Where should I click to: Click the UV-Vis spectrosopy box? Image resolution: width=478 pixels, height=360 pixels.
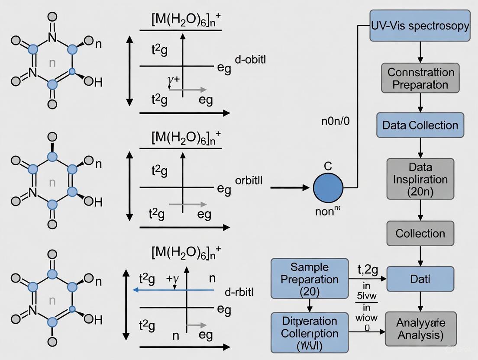coord(420,26)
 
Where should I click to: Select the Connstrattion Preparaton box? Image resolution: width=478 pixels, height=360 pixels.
coord(420,78)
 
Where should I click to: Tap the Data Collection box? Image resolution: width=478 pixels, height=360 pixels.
coord(420,125)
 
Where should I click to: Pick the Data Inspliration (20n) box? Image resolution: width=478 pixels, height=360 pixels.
coord(420,179)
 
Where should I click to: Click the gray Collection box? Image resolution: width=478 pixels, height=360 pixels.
coord(420,234)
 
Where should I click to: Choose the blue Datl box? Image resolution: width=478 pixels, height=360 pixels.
coord(420,279)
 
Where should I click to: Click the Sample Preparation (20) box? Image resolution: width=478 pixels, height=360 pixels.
coord(310,279)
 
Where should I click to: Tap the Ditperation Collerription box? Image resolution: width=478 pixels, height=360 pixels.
coord(310,333)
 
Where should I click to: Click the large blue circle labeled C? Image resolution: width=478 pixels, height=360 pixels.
coord(328,188)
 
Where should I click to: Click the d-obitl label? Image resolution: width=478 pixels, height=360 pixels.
coord(250,60)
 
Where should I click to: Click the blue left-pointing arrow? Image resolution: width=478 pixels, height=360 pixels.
coord(173,290)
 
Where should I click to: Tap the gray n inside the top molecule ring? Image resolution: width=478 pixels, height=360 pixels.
coord(52,63)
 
